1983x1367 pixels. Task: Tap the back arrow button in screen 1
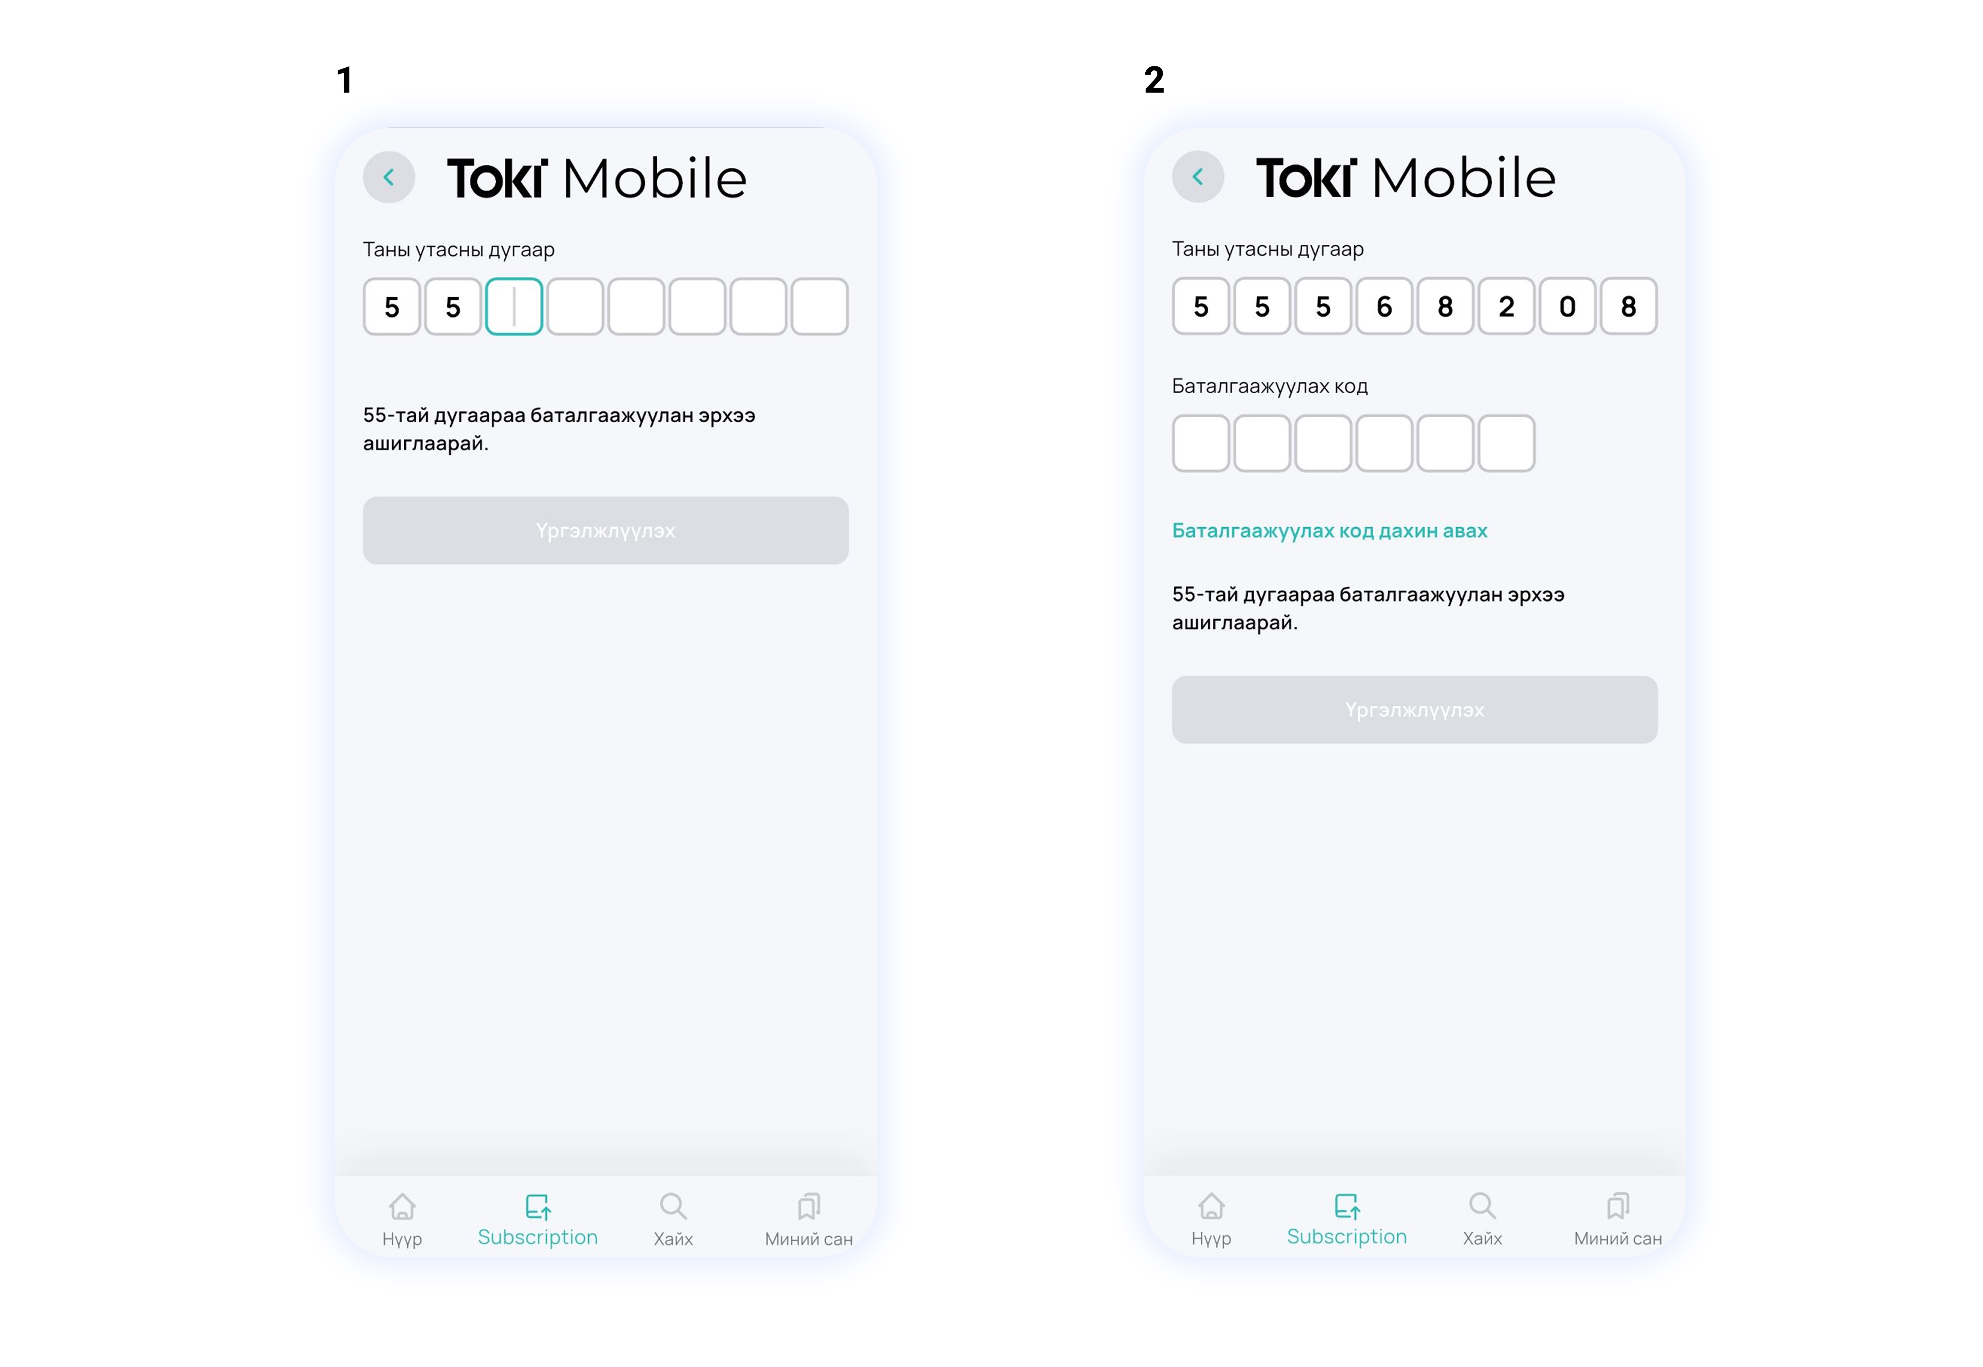(x=389, y=177)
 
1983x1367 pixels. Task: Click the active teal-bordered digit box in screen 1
(x=514, y=307)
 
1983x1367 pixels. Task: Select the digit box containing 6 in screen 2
(x=1384, y=306)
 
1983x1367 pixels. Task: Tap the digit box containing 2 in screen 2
(x=1506, y=306)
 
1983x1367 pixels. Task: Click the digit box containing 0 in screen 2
(x=1567, y=306)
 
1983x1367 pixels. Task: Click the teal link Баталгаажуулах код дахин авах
(x=1329, y=531)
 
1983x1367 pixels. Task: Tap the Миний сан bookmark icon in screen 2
(x=1617, y=1206)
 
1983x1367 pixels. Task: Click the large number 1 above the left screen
(x=344, y=81)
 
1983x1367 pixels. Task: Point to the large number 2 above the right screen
(x=1154, y=81)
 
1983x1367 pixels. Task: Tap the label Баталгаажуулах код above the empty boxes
(x=1270, y=386)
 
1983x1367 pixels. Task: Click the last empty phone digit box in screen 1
(x=820, y=307)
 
